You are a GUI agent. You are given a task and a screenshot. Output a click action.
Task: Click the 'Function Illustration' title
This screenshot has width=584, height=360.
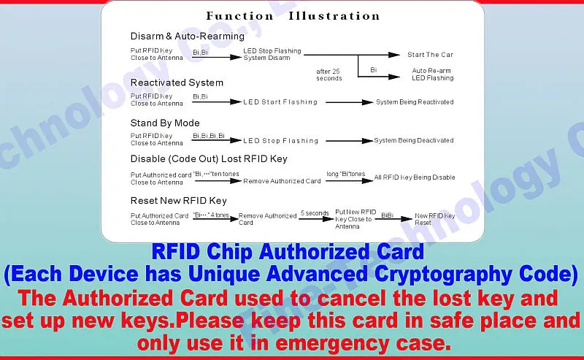tap(293, 16)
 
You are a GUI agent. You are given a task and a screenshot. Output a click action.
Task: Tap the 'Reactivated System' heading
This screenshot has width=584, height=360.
tap(177, 83)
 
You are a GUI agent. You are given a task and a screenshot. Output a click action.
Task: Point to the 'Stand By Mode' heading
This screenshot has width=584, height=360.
tap(165, 123)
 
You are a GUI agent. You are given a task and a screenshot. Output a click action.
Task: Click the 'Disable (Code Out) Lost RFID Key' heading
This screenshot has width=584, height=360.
tap(209, 158)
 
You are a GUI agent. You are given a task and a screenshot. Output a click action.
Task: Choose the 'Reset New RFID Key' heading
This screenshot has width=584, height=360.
tap(179, 200)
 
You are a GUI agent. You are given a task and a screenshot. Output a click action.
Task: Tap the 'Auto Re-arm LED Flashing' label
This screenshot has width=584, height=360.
tap(432, 74)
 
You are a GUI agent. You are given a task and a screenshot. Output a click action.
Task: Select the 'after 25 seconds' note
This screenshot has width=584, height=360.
tap(328, 74)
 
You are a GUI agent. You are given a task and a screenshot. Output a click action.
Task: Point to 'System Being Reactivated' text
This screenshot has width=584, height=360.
tap(415, 102)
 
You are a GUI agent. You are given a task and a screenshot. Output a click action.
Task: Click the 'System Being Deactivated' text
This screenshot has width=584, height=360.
tap(414, 140)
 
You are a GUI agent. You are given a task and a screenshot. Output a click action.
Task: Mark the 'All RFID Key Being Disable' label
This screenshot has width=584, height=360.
tap(415, 177)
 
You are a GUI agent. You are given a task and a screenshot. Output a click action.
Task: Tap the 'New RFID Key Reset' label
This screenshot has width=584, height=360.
tap(434, 219)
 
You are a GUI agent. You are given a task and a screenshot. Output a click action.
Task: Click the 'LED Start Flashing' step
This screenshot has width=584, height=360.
tap(280, 102)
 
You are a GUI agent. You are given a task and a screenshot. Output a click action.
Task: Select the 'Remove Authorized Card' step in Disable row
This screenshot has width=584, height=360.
tap(282, 181)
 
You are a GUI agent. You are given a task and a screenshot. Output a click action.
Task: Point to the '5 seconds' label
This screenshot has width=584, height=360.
tap(315, 213)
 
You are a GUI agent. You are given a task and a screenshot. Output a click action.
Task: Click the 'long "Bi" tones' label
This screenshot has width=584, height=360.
tap(347, 174)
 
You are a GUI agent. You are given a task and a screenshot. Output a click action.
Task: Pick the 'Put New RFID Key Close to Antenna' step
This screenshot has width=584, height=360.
tap(355, 218)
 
